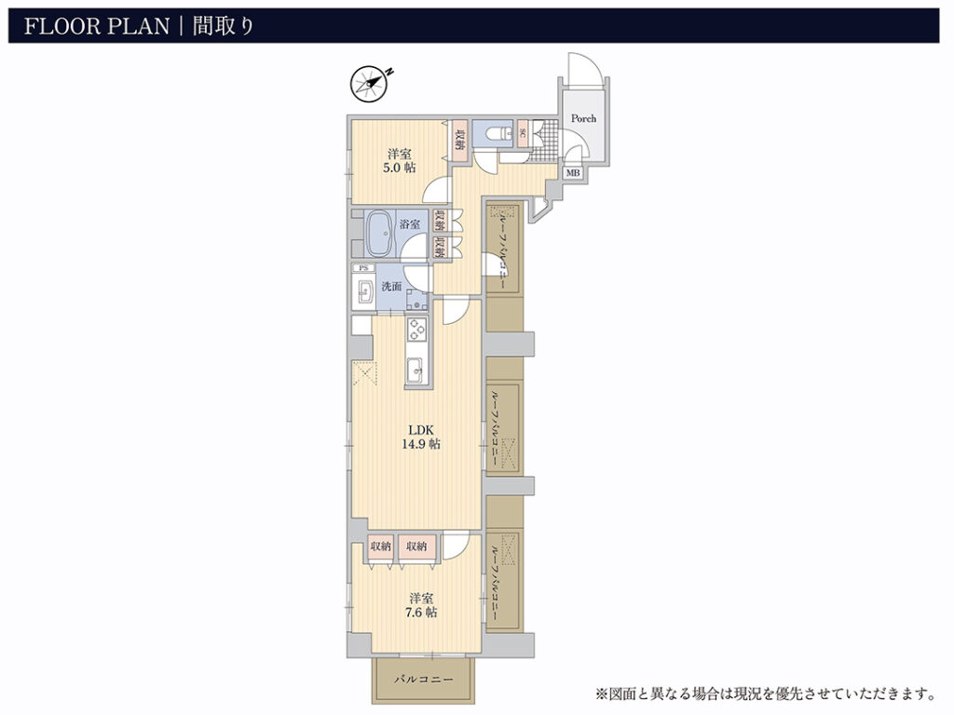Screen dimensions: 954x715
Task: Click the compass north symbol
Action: (x=370, y=83)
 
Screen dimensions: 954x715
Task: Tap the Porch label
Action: (x=583, y=118)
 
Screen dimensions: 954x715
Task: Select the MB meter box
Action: (x=573, y=173)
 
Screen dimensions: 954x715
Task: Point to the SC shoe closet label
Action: (x=523, y=132)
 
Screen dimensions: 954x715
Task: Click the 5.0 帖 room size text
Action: (x=399, y=168)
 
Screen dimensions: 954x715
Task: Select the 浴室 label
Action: (x=410, y=224)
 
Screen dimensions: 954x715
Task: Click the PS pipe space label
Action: (x=364, y=267)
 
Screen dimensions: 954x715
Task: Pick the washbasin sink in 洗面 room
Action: (x=365, y=290)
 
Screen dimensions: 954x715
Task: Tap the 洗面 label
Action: (x=391, y=287)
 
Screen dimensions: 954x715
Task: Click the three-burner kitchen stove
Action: (x=417, y=330)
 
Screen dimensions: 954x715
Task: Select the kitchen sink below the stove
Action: (x=416, y=371)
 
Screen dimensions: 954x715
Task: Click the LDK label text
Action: (x=420, y=430)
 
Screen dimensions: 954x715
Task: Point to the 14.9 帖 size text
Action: (x=420, y=444)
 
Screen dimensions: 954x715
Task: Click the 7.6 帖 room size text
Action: (x=421, y=613)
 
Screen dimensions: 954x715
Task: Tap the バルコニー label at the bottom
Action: (x=423, y=680)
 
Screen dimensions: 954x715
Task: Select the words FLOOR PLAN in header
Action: (x=97, y=26)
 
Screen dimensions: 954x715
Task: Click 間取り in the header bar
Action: (x=223, y=26)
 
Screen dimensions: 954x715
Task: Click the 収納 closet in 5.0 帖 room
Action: (x=459, y=142)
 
